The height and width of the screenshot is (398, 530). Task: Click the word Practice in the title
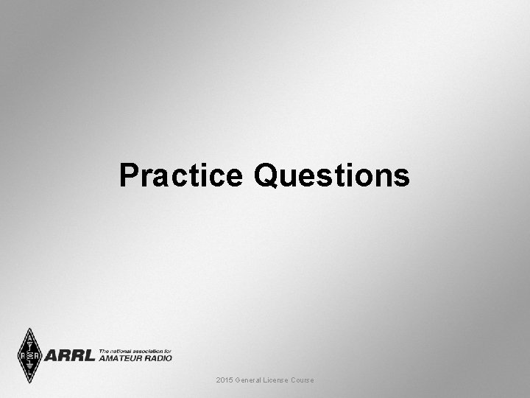pos(180,176)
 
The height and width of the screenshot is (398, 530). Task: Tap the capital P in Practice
pos(129,176)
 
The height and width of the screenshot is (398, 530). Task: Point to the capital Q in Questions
pos(268,176)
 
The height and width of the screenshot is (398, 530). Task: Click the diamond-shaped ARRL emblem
pos(29,355)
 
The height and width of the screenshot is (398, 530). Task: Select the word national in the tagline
pos(121,350)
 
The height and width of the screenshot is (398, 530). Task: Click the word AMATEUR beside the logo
pos(123,357)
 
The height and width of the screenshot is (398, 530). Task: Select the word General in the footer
pos(249,380)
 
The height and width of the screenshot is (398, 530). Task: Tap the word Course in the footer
pos(303,380)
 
